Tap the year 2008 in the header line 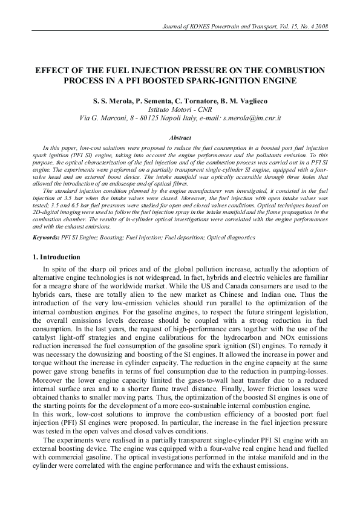[319, 27]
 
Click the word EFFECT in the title [53, 71]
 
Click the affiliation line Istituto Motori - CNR [180, 109]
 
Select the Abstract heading [180, 138]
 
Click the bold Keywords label [46, 238]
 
